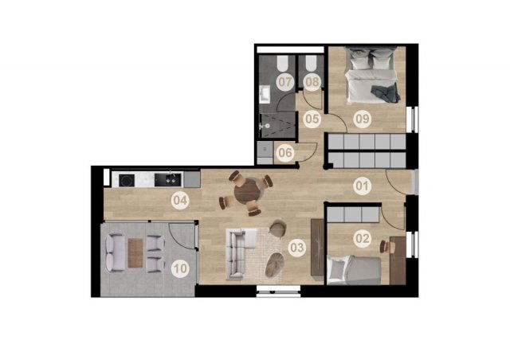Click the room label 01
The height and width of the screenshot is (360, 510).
tap(362, 186)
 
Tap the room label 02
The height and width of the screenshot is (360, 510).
tap(363, 238)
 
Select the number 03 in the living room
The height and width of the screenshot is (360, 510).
tap(296, 248)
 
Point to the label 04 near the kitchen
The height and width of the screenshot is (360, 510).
tap(180, 201)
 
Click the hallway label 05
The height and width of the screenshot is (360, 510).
tap(312, 119)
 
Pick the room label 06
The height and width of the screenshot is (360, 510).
tap(285, 152)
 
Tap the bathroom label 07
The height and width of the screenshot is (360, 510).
tap(285, 82)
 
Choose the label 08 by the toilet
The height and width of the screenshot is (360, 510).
tap(312, 82)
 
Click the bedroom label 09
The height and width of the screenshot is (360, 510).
tap(363, 119)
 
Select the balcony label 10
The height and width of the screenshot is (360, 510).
tap(181, 268)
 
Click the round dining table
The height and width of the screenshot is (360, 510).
tap(247, 191)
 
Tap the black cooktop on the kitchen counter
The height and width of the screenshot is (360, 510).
tap(127, 180)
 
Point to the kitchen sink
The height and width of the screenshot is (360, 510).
tap(167, 180)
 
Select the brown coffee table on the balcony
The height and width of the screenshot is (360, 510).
tap(135, 253)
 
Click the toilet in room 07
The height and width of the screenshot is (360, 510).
tap(281, 64)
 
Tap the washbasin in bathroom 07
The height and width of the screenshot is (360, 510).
tap(265, 95)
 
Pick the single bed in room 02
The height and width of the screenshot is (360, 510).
tap(354, 269)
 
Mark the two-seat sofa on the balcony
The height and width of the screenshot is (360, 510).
tap(115, 252)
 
